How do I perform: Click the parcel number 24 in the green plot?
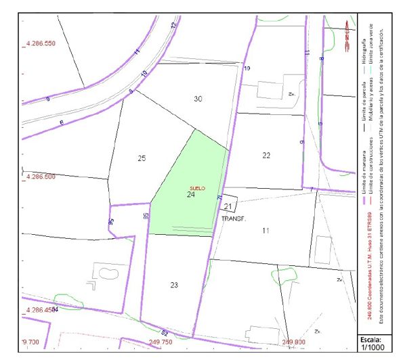[191, 194]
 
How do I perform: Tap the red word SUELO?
[197, 187]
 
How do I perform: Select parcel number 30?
[198, 99]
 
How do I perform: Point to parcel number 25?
[142, 158]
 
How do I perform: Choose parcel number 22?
[266, 156]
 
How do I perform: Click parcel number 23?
[174, 285]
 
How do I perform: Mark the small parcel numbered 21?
[228, 206]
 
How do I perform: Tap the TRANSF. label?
[234, 219]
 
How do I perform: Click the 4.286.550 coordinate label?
[40, 43]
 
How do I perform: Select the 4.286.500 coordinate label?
[40, 177]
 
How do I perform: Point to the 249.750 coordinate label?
[161, 342]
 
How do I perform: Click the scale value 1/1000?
[373, 347]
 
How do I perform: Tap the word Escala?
[373, 338]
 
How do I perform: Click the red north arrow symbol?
[346, 30]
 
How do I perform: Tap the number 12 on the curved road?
[173, 25]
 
